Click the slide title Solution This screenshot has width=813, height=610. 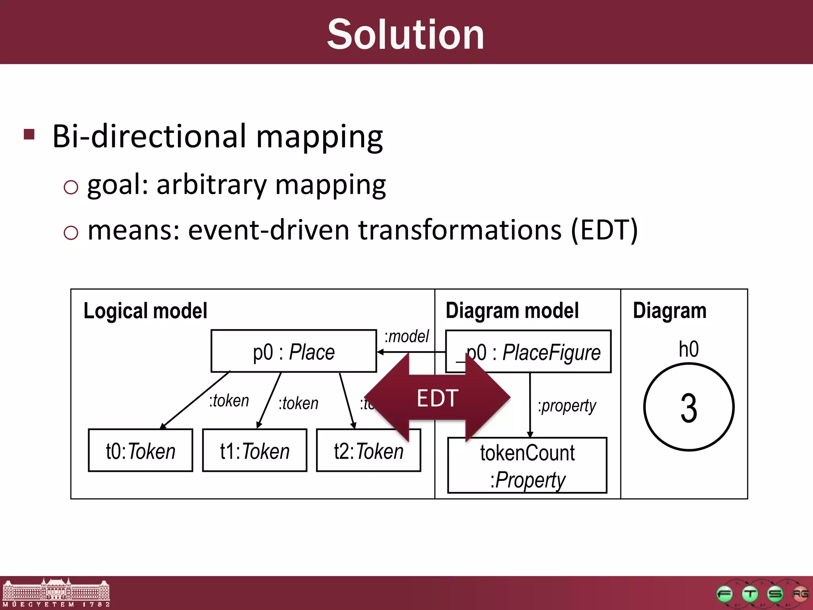pos(406,35)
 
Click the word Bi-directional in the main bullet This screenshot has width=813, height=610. pos(149,136)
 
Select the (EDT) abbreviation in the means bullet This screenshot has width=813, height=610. pos(604,230)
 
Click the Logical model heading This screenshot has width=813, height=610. pos(145,311)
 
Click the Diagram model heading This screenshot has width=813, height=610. pos(512,311)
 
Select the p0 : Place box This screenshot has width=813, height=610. pos(293,351)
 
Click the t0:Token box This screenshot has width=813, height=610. pos(140,450)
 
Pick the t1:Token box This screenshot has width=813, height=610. pos(254,450)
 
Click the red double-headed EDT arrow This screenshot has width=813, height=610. pos(437,398)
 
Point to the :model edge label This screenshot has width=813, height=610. pos(406,336)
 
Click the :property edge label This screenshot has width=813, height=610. pos(567,406)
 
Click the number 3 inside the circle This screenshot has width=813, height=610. pos(688,408)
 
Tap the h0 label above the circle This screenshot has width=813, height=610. pos(688,349)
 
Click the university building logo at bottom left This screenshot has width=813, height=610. pos(56,592)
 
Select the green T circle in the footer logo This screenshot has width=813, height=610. pos(750,594)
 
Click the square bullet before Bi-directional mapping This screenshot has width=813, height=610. pos(29,134)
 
